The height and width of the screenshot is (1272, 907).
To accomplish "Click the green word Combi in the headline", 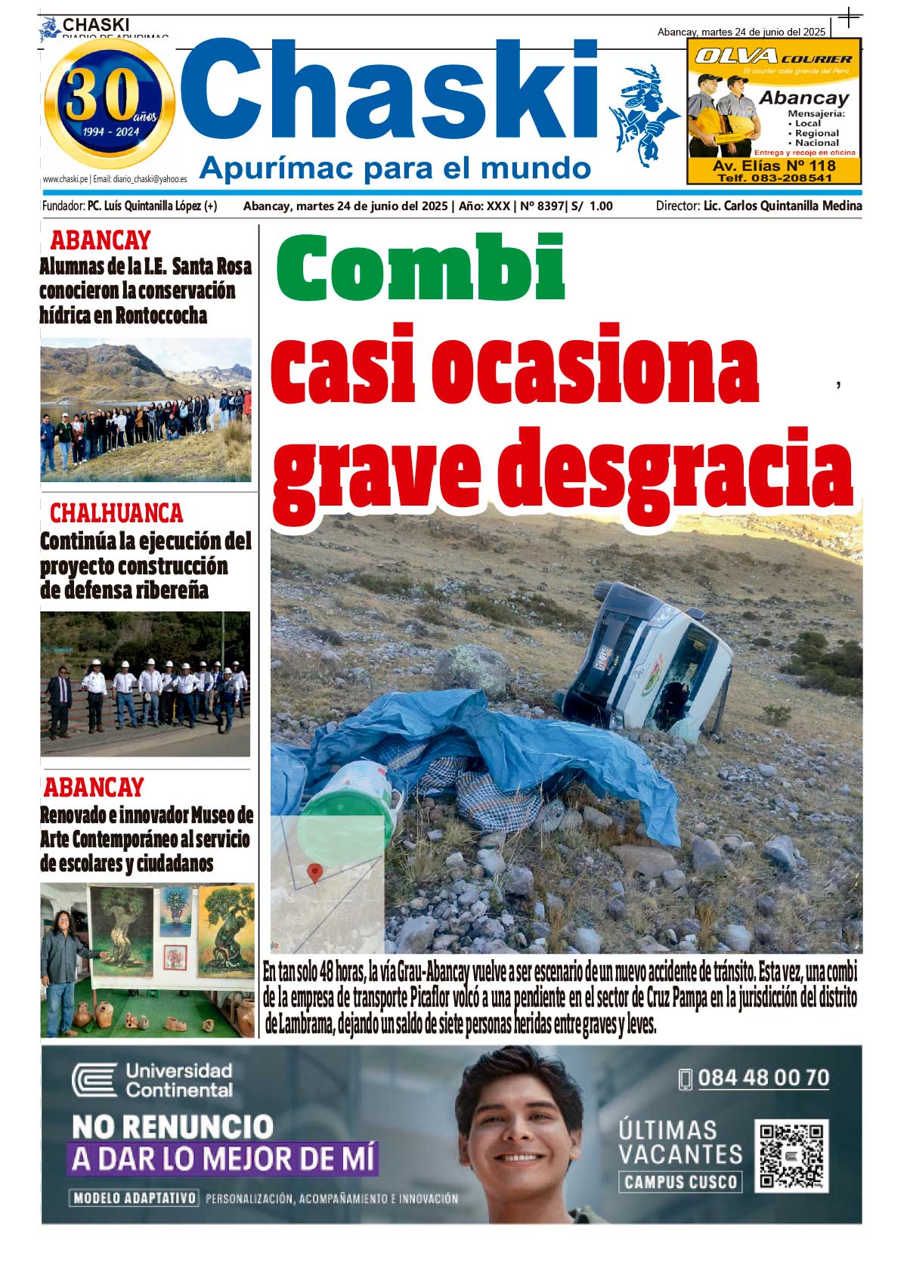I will coord(420,268).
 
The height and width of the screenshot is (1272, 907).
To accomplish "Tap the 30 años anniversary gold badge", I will coord(110,104).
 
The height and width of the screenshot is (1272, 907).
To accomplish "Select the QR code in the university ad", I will coord(791,1155).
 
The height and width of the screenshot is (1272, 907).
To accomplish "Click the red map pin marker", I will coord(314,873).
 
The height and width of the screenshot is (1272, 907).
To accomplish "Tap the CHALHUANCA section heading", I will coord(116,513).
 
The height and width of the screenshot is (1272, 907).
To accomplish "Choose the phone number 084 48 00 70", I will coord(763,1078).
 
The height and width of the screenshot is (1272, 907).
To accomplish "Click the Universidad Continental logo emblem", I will coord(94,1080).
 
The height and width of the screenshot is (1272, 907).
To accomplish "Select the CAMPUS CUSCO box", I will coord(680,1182).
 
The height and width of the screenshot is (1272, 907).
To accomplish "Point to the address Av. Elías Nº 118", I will coord(774,166).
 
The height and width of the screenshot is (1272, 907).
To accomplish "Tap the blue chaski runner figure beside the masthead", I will coord(643,113).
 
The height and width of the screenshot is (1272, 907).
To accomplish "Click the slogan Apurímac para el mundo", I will coord(395,168).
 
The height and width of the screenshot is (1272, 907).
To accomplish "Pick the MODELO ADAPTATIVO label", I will coord(135,1198).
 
